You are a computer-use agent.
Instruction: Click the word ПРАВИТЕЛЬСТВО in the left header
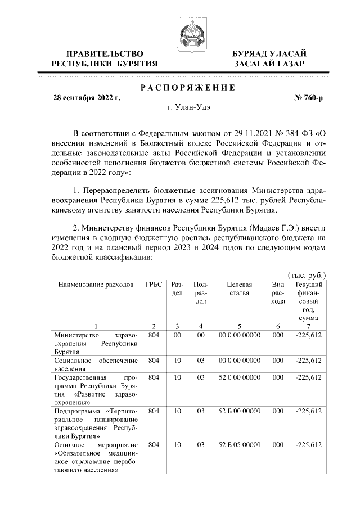point(104,53)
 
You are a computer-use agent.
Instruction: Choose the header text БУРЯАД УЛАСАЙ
point(269,53)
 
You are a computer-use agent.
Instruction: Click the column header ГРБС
point(153,285)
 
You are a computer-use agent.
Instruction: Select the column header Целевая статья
point(240,289)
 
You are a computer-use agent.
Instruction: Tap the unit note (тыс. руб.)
point(307,275)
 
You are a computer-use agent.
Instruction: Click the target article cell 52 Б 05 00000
point(240,444)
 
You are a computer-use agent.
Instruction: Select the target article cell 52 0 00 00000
point(240,378)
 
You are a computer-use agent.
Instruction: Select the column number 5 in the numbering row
point(240,326)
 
